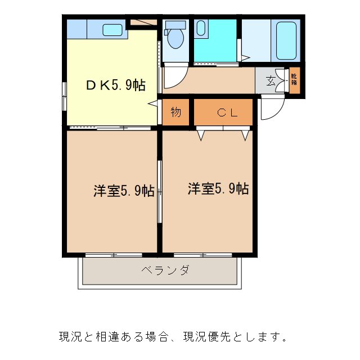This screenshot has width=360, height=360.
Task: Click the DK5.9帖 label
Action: tap(115, 85)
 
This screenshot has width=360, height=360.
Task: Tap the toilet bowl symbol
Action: tap(175, 38)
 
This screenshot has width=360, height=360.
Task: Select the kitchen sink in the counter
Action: tap(112, 29)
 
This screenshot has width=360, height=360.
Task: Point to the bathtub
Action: tap(287, 41)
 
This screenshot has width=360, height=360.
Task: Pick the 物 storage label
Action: tap(176, 112)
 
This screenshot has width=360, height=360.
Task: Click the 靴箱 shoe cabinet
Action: tap(294, 80)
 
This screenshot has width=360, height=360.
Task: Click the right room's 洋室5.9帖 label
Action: tap(218, 189)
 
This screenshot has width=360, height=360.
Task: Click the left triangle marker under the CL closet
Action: tap(200, 135)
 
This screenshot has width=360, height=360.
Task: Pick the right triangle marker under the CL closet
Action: tap(245, 135)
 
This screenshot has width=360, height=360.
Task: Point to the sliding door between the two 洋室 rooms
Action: tap(160, 191)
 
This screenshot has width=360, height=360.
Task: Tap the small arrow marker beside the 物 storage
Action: tap(152, 104)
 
